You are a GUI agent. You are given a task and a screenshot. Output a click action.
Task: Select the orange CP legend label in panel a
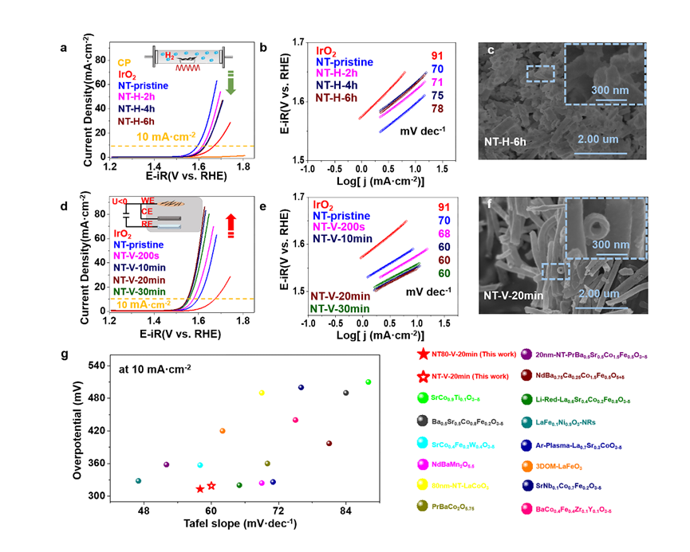click(124, 62)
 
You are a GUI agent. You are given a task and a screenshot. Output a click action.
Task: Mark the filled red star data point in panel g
click(200, 488)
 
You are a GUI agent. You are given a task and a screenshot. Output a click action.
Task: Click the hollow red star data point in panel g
click(211, 486)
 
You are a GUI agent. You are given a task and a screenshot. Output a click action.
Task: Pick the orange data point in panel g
click(223, 431)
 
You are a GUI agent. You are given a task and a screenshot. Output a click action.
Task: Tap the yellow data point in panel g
click(262, 393)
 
